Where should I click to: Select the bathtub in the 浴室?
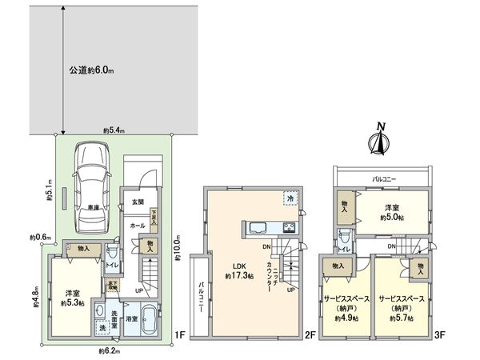[x=150, y=318]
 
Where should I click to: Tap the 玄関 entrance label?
[x=137, y=202]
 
